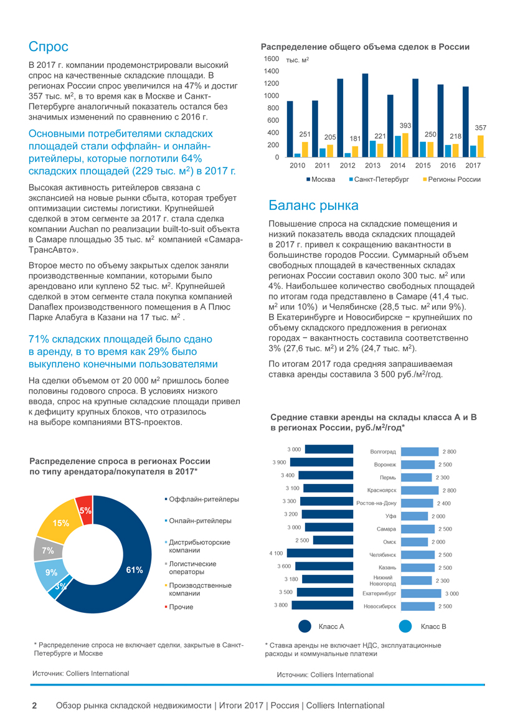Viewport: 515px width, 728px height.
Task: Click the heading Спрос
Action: click(49, 47)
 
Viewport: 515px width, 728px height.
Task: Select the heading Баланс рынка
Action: click(313, 206)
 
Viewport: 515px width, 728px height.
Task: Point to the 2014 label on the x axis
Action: click(398, 166)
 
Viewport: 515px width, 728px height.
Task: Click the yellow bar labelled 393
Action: click(405, 145)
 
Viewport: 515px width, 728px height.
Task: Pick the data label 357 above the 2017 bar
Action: click(480, 128)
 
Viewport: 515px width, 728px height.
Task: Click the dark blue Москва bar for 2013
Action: click(365, 115)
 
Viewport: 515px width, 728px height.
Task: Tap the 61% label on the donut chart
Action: click(135, 569)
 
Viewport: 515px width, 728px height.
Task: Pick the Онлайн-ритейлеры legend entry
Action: click(200, 521)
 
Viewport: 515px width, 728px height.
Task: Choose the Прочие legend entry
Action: click(181, 607)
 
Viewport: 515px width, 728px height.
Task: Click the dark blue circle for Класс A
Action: click(305, 626)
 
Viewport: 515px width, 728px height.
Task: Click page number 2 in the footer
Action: click(35, 706)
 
